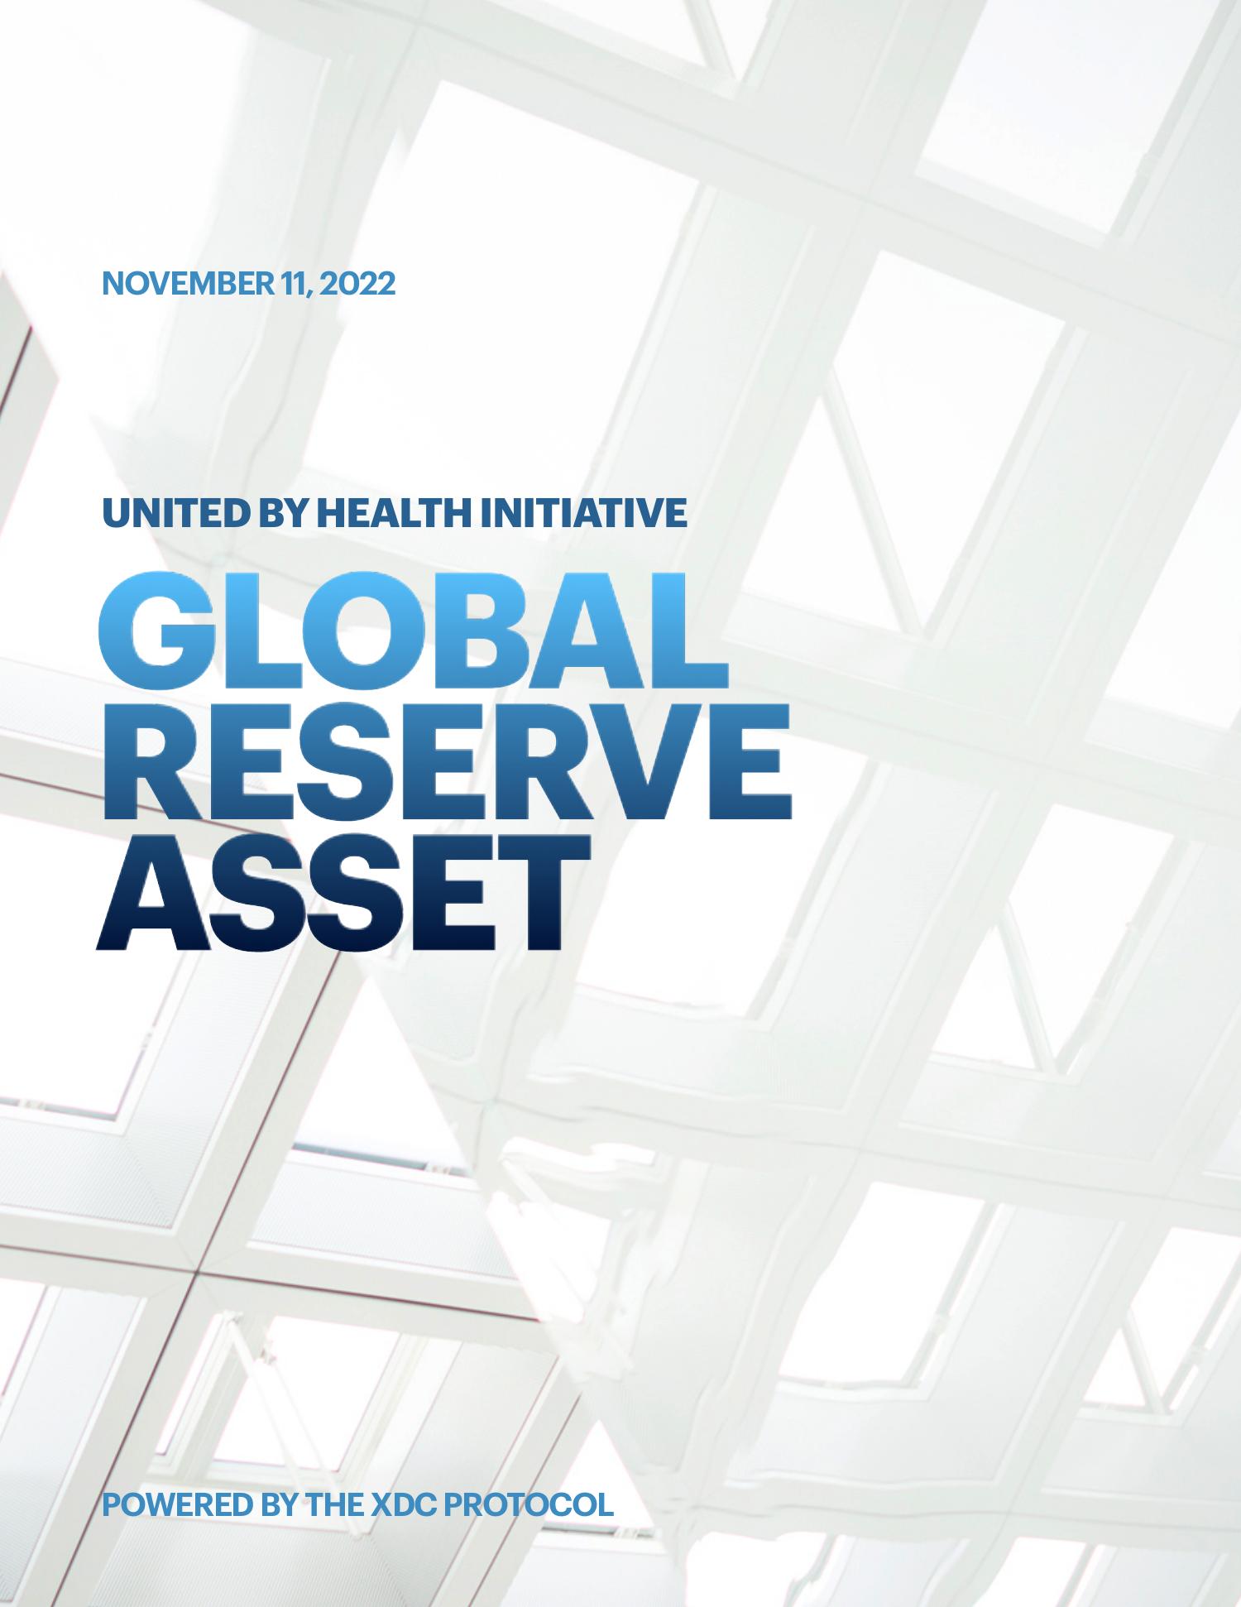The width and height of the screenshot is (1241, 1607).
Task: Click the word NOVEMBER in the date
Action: [x=186, y=284]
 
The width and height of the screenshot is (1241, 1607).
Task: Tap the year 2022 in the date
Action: [x=357, y=284]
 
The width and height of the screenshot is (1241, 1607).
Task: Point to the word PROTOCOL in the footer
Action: [x=529, y=1504]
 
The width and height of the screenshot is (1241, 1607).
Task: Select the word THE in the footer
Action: [x=333, y=1504]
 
